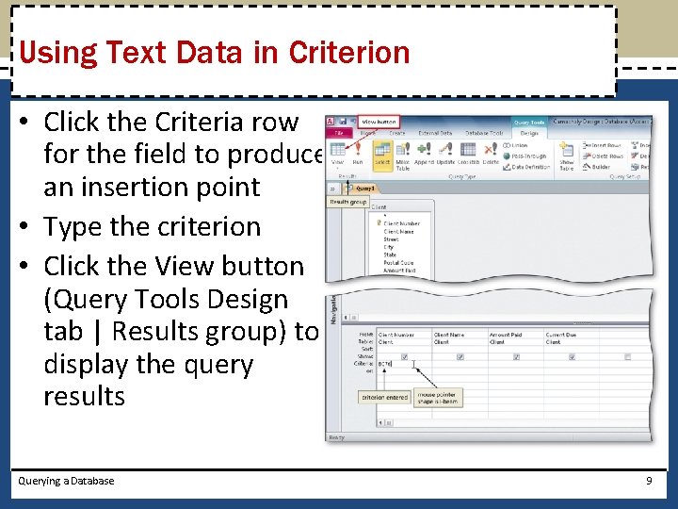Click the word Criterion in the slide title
[349, 52]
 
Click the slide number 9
[649, 481]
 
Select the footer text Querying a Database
[66, 481]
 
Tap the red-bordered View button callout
[379, 122]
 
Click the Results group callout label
[348, 202]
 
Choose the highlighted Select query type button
[383, 153]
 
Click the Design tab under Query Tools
[529, 134]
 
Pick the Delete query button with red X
[491, 153]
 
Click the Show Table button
[567, 156]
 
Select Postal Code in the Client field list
[398, 263]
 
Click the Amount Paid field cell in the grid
[505, 335]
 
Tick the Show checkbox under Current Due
[573, 356]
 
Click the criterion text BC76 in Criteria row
[385, 363]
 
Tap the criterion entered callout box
[384, 397]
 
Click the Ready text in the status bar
[336, 437]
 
